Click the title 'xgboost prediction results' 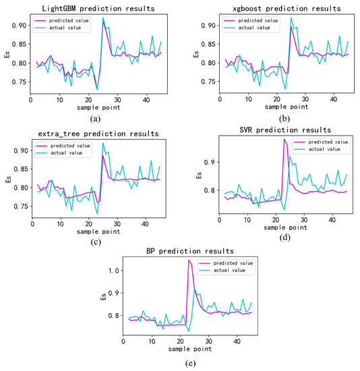pos(275,8)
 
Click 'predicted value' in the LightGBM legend pos(65,21)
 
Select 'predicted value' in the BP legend pos(231,264)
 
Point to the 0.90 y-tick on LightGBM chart pos(18,26)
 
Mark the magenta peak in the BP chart pos(189,260)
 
